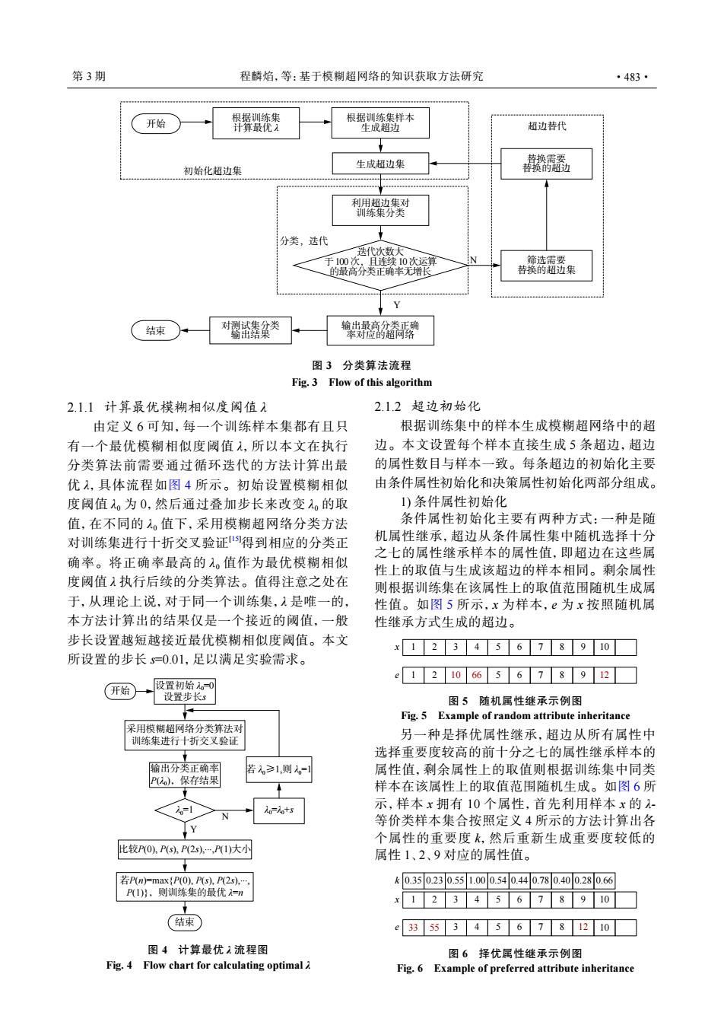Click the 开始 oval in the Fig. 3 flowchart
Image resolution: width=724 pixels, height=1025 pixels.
(x=156, y=123)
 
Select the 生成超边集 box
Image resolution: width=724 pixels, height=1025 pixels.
(x=380, y=164)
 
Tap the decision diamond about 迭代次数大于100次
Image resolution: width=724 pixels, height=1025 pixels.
(x=380, y=266)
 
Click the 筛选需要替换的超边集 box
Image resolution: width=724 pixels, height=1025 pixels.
(x=546, y=266)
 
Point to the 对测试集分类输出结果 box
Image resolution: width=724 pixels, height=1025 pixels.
(x=250, y=330)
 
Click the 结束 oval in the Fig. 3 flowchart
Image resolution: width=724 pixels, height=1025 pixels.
(x=155, y=330)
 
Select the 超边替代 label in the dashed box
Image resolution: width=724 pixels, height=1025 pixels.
(x=547, y=126)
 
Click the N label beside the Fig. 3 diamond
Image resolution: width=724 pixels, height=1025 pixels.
(x=473, y=260)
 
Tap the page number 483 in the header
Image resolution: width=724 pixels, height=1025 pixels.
(x=632, y=77)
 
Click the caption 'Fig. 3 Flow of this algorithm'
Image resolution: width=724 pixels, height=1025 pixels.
(x=362, y=382)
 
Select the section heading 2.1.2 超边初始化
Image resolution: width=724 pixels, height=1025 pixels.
(x=427, y=406)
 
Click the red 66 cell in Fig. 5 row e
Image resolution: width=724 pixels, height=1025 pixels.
(x=477, y=675)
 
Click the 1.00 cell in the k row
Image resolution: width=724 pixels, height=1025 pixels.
(x=477, y=880)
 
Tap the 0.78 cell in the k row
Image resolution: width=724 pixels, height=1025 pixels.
(x=541, y=880)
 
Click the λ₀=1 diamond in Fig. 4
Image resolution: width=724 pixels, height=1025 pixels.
(x=185, y=810)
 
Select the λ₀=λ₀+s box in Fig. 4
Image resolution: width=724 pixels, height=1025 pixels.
(x=279, y=810)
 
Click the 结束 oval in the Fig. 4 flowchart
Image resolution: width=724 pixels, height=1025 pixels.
(x=185, y=922)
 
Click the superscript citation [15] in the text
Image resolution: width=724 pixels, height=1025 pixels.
(x=235, y=539)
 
